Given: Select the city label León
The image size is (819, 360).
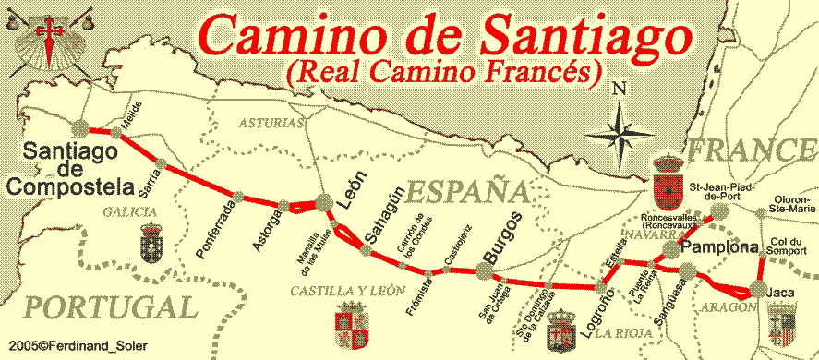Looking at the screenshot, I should tap(352, 190).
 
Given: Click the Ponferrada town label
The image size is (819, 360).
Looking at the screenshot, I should tap(219, 225).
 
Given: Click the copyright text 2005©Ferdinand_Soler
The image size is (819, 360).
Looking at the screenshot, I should tap(74, 345).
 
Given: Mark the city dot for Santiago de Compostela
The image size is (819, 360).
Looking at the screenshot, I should tap(80, 129).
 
